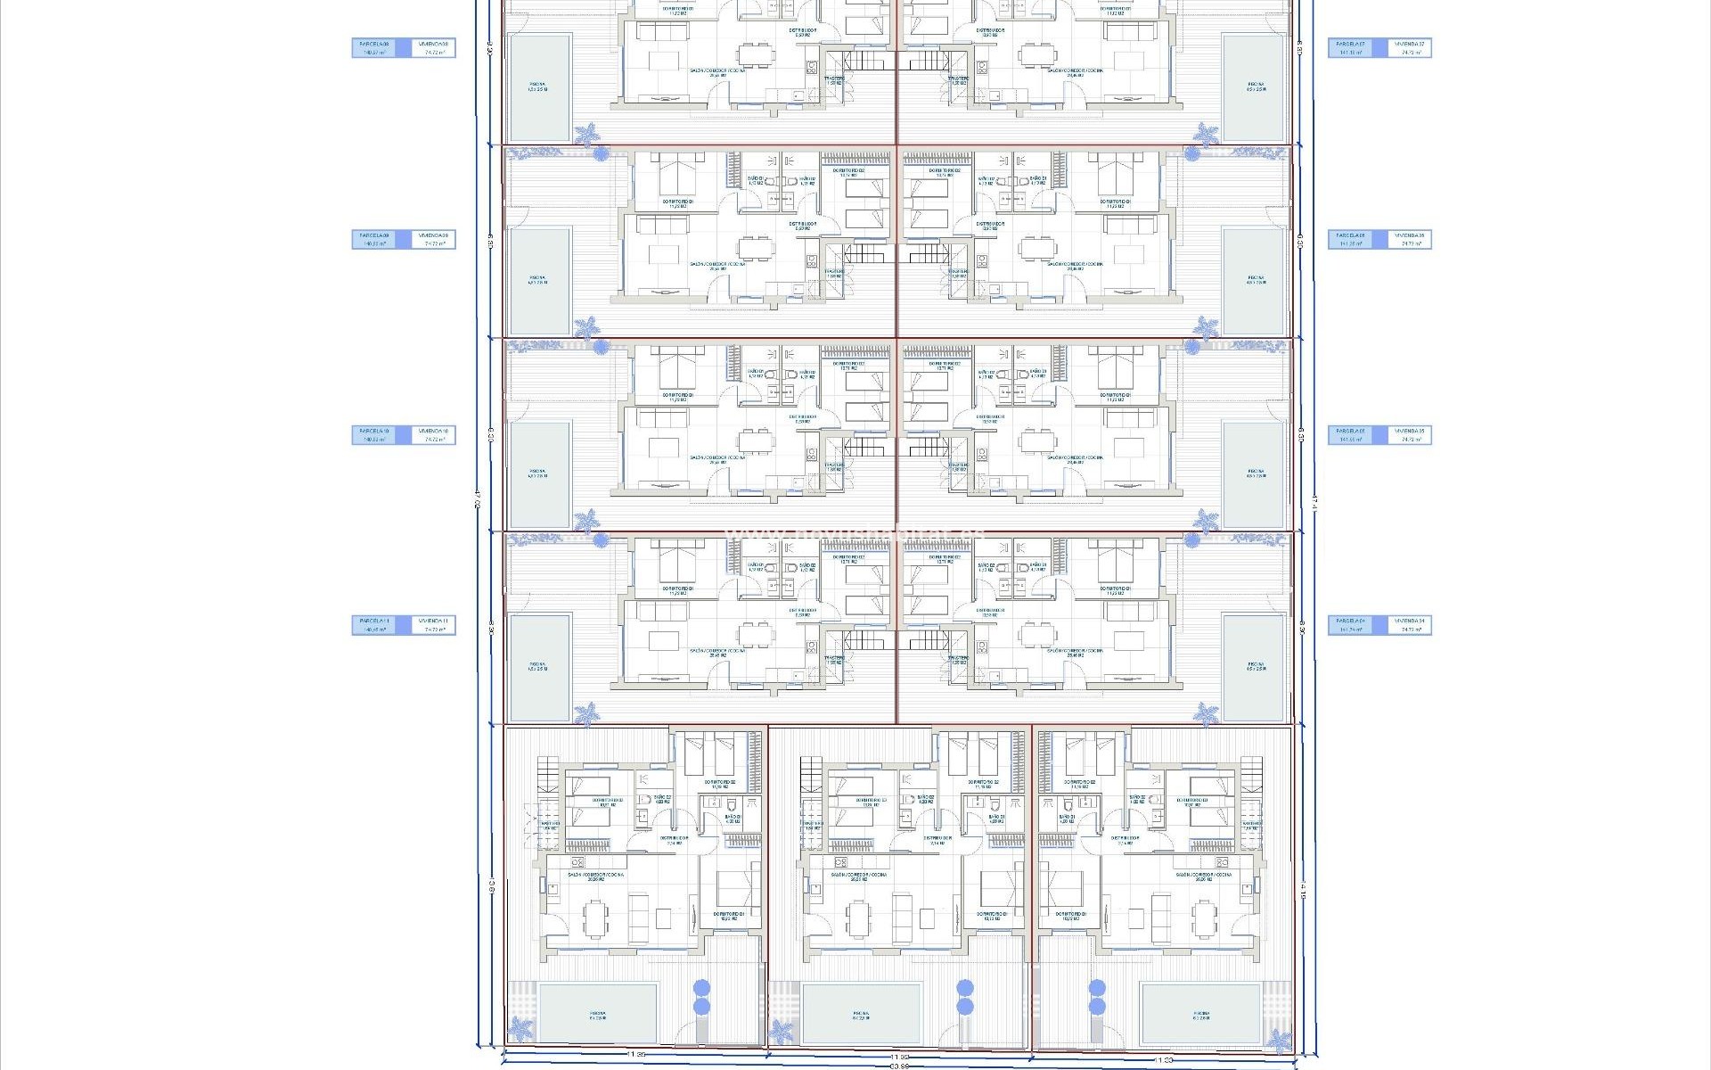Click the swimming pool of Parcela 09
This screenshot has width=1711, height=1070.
538,280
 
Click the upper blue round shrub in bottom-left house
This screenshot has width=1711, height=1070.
701,987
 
